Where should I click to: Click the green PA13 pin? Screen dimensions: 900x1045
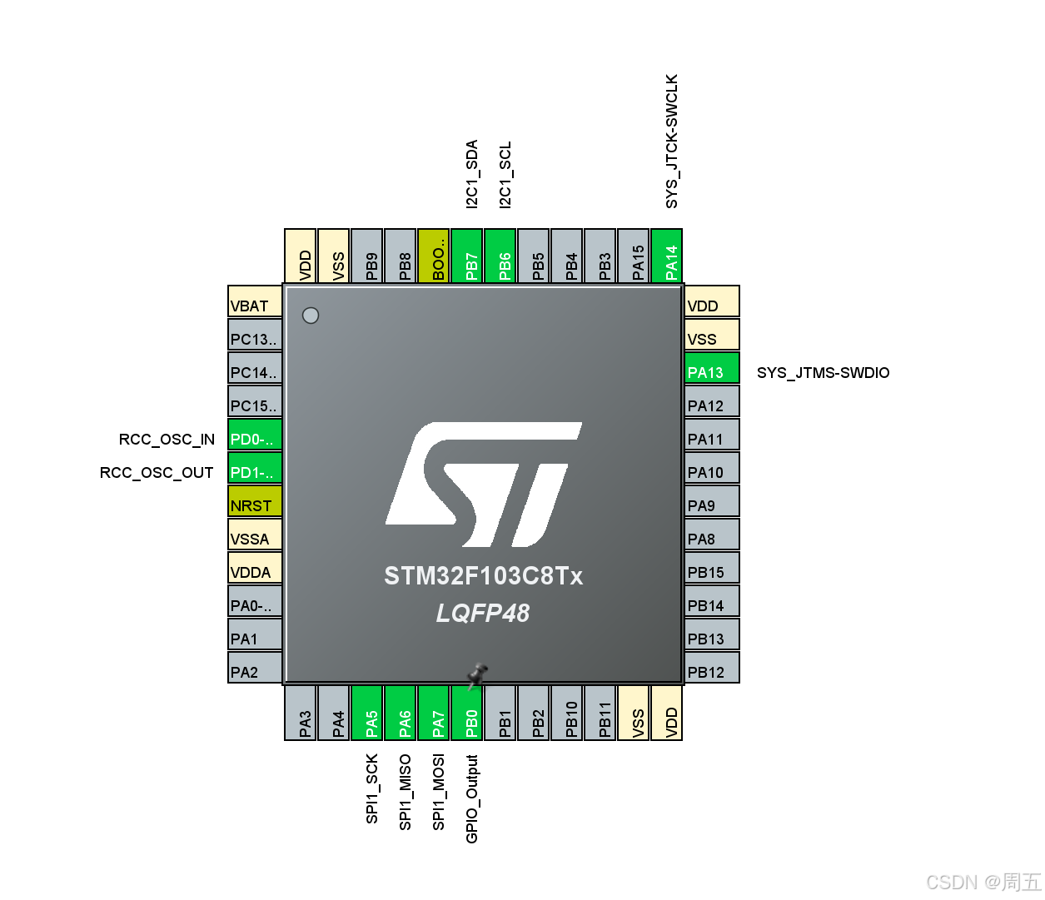[x=712, y=369]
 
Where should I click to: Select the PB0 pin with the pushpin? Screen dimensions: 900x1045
[x=467, y=713]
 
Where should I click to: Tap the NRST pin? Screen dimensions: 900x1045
[x=255, y=502]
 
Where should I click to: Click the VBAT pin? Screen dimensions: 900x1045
[x=255, y=302]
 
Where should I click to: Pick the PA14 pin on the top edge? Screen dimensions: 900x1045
[x=667, y=256]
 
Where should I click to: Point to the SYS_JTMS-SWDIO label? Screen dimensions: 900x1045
[x=823, y=373]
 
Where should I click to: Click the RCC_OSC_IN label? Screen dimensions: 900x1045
[x=167, y=440]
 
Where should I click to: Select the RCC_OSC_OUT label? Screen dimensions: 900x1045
[x=157, y=473]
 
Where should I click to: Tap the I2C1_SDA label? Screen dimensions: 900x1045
[x=472, y=174]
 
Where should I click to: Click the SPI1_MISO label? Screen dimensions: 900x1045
[x=406, y=792]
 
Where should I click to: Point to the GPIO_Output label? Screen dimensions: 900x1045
[x=472, y=798]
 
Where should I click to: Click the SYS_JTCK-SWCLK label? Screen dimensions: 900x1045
[x=672, y=142]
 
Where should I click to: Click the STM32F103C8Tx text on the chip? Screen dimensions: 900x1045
[x=483, y=576]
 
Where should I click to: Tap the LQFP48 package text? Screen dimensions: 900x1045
[x=483, y=614]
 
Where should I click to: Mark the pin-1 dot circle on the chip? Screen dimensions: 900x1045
[x=311, y=316]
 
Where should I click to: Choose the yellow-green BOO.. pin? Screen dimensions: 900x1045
[x=434, y=256]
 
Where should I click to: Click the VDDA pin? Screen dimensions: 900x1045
[x=255, y=569]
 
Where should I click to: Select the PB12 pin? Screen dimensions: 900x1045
[x=712, y=669]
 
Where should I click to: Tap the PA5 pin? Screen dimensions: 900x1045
[x=367, y=713]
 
